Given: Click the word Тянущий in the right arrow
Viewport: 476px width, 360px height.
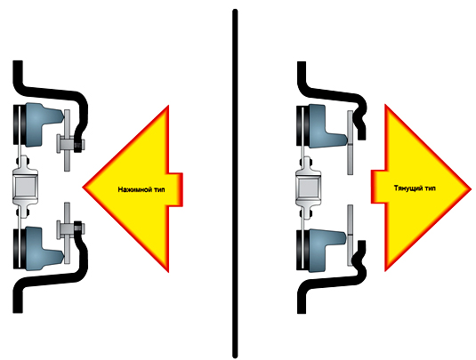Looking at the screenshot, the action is (407, 188).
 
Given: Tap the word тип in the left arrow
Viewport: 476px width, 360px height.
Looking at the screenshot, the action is (158, 189).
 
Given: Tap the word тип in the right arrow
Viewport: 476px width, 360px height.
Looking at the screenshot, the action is (429, 188).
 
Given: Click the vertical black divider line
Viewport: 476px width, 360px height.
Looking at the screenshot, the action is (235, 183).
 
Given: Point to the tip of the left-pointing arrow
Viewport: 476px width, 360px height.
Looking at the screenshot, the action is (83, 188).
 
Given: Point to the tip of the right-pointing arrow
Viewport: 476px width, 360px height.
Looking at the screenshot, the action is (472, 188).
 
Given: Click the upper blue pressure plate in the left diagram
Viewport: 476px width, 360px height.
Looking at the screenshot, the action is (43, 124).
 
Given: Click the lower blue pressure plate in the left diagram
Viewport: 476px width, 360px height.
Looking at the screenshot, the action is (43, 249).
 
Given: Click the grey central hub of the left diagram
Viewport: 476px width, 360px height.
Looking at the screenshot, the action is (25, 186).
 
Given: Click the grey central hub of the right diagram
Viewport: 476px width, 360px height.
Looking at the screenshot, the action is (308, 188).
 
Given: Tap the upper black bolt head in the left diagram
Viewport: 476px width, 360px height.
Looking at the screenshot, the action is (78, 146).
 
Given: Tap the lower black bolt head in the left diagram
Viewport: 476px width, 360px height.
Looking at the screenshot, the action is (78, 228).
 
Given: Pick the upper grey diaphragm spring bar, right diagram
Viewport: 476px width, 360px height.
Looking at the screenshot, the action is (351, 142).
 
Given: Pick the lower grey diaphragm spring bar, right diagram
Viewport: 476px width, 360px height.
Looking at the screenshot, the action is (351, 236).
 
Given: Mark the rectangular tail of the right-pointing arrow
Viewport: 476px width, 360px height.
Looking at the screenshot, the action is (378, 187).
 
